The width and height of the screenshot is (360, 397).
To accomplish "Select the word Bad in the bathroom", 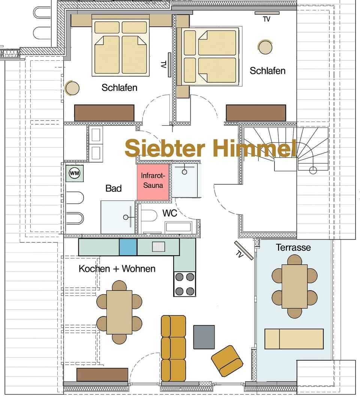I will pos(113,188).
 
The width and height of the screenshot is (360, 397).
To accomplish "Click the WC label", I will pos(169,213).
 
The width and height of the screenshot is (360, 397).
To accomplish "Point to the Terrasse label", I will pos(293,247).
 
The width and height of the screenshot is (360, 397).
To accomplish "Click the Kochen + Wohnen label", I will pos(117,269).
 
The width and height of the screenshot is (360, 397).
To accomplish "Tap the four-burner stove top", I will pos(184,284).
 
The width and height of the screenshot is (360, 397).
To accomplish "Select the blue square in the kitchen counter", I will pos(128,247).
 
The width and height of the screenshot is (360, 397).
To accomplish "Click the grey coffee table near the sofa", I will pos(204,337).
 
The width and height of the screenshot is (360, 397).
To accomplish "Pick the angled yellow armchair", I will pos(227,361).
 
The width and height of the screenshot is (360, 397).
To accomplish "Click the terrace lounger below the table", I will pos(294,339).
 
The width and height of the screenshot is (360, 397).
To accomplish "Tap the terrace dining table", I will pos(294,286).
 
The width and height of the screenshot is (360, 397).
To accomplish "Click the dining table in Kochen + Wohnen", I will pos(119,312).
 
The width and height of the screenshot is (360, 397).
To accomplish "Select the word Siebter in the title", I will pos(165,148).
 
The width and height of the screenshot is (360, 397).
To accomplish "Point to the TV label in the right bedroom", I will pos(266,19).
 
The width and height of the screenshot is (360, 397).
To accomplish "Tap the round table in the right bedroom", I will pos(265,47).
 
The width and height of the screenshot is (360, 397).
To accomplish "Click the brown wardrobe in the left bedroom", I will pos(104,113).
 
